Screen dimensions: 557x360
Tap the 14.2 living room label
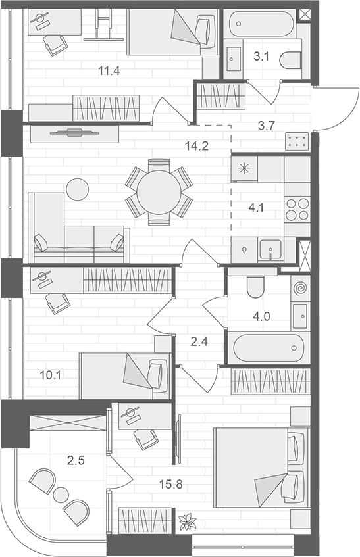click(x=196, y=146)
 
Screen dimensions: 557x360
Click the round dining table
click(x=159, y=192)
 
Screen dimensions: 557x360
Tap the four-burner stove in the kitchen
click(x=297, y=209)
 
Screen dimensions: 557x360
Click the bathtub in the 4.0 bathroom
click(x=267, y=346)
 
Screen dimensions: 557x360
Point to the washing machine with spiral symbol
click(x=300, y=288)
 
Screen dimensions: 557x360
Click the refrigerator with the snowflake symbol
click(x=244, y=168)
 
